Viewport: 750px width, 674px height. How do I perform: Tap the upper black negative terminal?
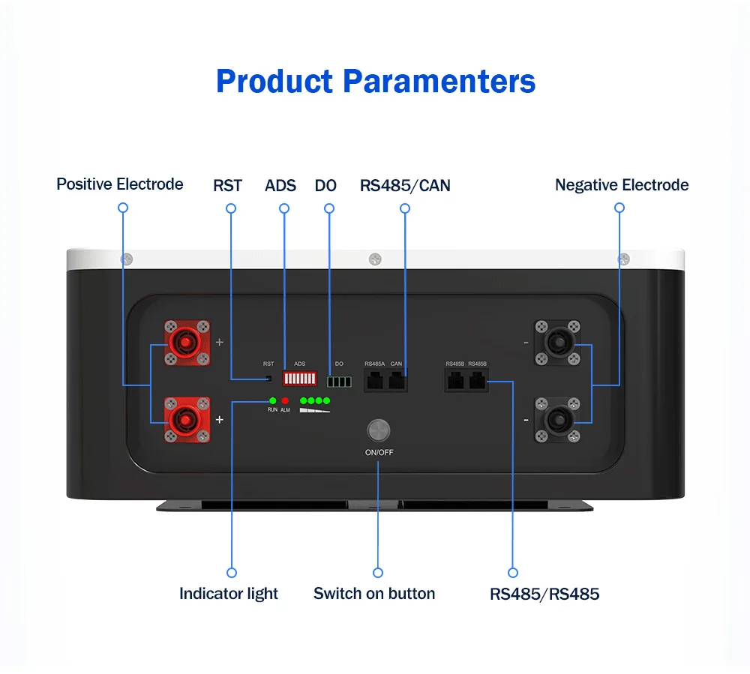tap(556, 343)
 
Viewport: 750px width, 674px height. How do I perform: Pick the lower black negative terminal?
tap(556, 420)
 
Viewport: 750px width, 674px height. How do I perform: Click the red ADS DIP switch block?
tap(298, 377)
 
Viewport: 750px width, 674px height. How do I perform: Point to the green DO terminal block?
tap(339, 382)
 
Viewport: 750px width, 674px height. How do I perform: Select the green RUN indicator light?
tap(273, 400)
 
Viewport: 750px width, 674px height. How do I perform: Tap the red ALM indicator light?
tap(285, 400)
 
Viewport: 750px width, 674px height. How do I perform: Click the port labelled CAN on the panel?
tap(397, 381)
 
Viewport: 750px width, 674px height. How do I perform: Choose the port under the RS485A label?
tap(375, 381)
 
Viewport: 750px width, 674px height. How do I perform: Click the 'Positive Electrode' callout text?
tap(120, 184)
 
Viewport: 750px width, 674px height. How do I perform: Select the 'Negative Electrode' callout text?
tap(622, 185)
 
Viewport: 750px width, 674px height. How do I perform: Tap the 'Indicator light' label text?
tap(229, 594)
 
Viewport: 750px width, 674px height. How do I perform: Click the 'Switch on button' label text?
tap(374, 594)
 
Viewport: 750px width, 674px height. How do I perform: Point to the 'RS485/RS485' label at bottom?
tap(544, 595)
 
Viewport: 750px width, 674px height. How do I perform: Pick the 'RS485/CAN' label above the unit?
tap(405, 185)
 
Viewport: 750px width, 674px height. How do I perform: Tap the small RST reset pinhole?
tap(268, 378)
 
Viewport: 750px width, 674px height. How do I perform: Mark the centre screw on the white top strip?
tap(376, 259)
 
